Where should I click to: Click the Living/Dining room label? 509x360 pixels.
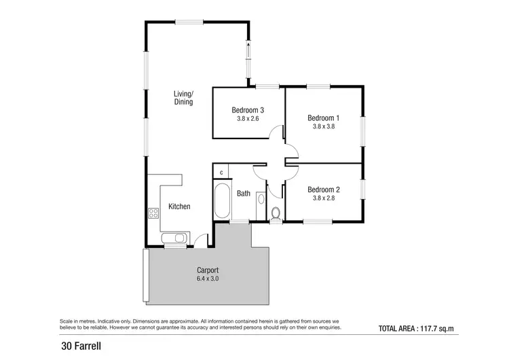click(x=183, y=98)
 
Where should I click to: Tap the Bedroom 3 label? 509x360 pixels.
click(x=248, y=110)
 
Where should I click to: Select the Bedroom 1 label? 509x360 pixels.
click(x=324, y=117)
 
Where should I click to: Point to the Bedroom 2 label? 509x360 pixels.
click(x=324, y=190)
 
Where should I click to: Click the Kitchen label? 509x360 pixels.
click(x=179, y=206)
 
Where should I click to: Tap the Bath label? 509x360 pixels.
click(x=243, y=194)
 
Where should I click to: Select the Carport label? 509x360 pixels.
click(x=208, y=270)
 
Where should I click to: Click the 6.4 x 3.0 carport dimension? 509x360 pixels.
click(x=208, y=278)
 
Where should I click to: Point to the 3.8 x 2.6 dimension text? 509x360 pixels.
click(x=248, y=119)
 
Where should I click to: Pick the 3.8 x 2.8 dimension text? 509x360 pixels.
click(x=324, y=198)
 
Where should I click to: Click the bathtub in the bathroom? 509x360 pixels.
click(x=222, y=200)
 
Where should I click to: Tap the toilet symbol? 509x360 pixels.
click(x=276, y=214)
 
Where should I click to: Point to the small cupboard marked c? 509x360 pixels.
click(x=221, y=171)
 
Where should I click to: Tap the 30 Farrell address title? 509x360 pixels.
click(x=81, y=347)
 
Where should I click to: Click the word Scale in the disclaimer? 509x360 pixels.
click(x=67, y=320)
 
